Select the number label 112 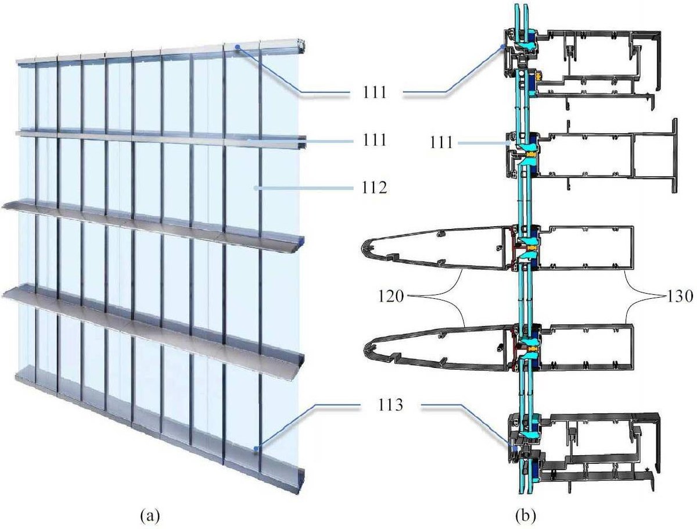pyautogui.click(x=373, y=188)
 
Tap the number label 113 pyautogui.click(x=390, y=405)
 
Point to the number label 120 pyautogui.click(x=390, y=296)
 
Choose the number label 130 pyautogui.click(x=679, y=296)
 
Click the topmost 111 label pyautogui.click(x=373, y=92)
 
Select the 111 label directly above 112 pyautogui.click(x=373, y=140)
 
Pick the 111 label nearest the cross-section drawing pyautogui.click(x=441, y=142)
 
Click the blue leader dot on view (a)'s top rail pyautogui.click(x=237, y=47)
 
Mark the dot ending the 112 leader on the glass pyautogui.click(x=255, y=188)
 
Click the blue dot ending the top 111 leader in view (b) pyautogui.click(x=502, y=47)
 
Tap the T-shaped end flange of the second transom pyautogui.click(x=674, y=156)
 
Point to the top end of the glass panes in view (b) pyautogui.click(x=522, y=6)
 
